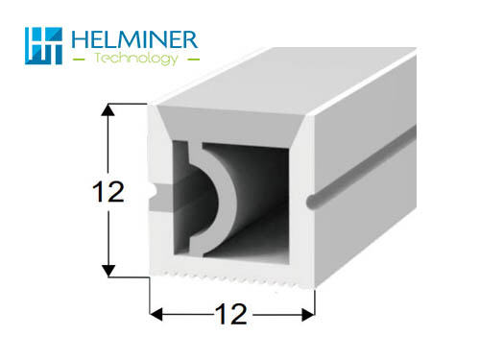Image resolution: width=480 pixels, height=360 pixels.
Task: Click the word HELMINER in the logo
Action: point(134,39)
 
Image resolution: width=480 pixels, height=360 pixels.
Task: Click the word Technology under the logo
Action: point(136,59)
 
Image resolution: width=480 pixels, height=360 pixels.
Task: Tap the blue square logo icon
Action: point(43,46)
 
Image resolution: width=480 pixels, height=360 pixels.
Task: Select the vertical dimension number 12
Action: point(108,192)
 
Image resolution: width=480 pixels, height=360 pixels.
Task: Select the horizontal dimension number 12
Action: point(231,314)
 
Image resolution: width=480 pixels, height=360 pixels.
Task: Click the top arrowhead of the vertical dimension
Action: point(108,109)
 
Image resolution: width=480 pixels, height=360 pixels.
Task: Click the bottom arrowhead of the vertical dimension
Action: point(108,271)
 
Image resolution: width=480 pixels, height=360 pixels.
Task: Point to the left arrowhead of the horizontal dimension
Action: point(156,314)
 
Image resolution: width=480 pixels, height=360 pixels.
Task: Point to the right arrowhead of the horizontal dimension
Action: point(308,315)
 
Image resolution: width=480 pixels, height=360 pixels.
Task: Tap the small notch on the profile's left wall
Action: point(155,193)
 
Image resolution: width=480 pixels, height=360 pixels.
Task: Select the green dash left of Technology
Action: point(79,60)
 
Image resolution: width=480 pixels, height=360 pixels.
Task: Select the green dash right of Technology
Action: point(193,60)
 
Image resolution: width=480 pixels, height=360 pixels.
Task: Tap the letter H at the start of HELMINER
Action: point(79,39)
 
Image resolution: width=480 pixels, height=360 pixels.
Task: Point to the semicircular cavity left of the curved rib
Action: point(196,200)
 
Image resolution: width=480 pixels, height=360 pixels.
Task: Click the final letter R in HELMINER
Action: point(191,39)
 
